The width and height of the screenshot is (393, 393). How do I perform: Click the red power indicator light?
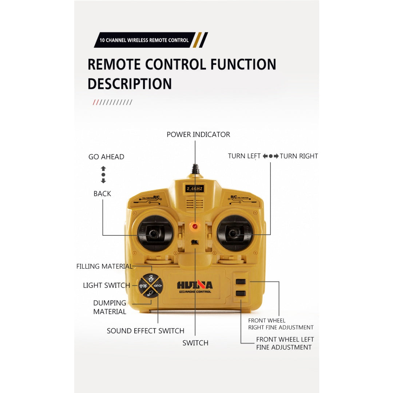[x=195, y=226]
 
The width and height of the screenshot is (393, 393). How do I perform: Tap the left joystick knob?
[x=152, y=234]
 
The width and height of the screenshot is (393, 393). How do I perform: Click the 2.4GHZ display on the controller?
[x=194, y=188]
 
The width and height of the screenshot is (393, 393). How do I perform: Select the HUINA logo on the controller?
[x=195, y=285]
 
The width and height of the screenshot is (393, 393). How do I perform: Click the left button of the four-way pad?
[x=143, y=286]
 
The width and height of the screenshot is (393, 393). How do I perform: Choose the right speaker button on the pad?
[x=158, y=286]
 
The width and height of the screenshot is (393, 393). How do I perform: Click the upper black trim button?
[x=241, y=281]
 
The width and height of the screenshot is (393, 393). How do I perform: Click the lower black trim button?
[x=241, y=293]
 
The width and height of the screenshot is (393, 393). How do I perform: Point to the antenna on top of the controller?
[x=195, y=169]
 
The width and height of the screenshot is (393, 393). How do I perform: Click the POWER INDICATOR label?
[x=198, y=135]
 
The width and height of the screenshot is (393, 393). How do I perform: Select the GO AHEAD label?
[x=106, y=157]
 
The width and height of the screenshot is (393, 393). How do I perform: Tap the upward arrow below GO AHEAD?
[x=103, y=168]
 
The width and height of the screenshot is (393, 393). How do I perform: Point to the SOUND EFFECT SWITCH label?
[x=145, y=331]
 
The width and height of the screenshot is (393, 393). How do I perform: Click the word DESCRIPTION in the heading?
[x=130, y=84]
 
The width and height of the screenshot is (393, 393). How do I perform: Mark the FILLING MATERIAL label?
[x=104, y=266]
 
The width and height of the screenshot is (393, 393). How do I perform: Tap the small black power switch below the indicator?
[x=195, y=242]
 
